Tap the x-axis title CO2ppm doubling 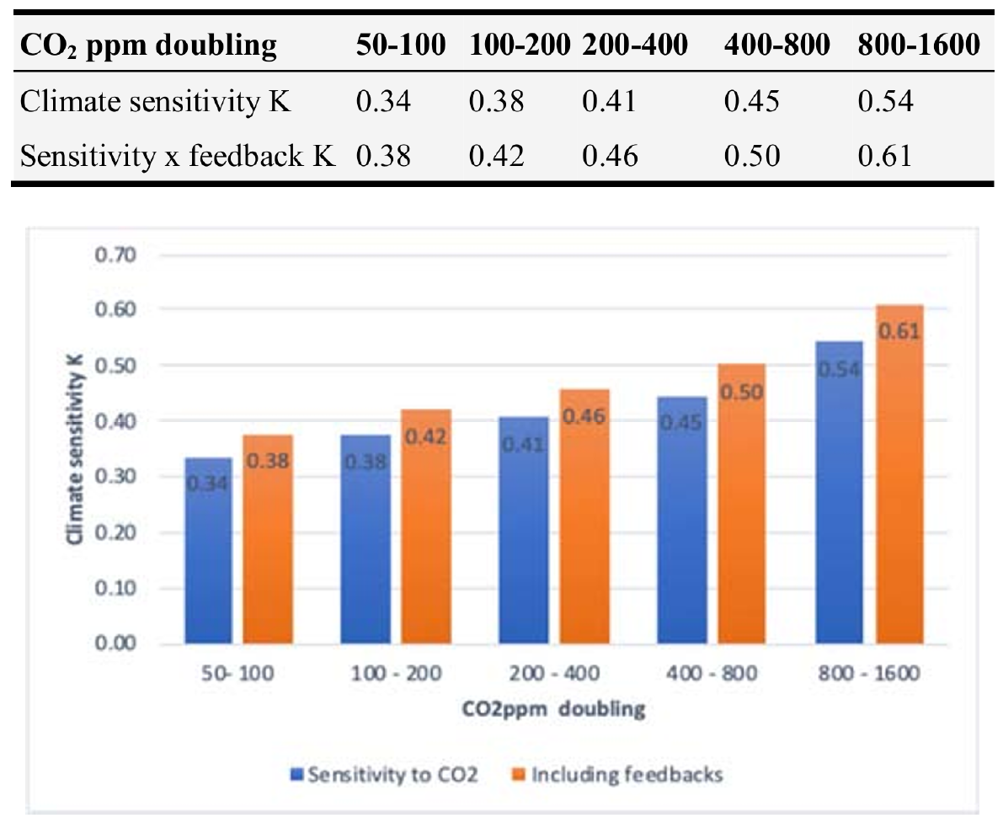pos(553,709)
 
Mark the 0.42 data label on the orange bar pos(424,436)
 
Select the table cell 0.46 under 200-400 pos(609,156)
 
